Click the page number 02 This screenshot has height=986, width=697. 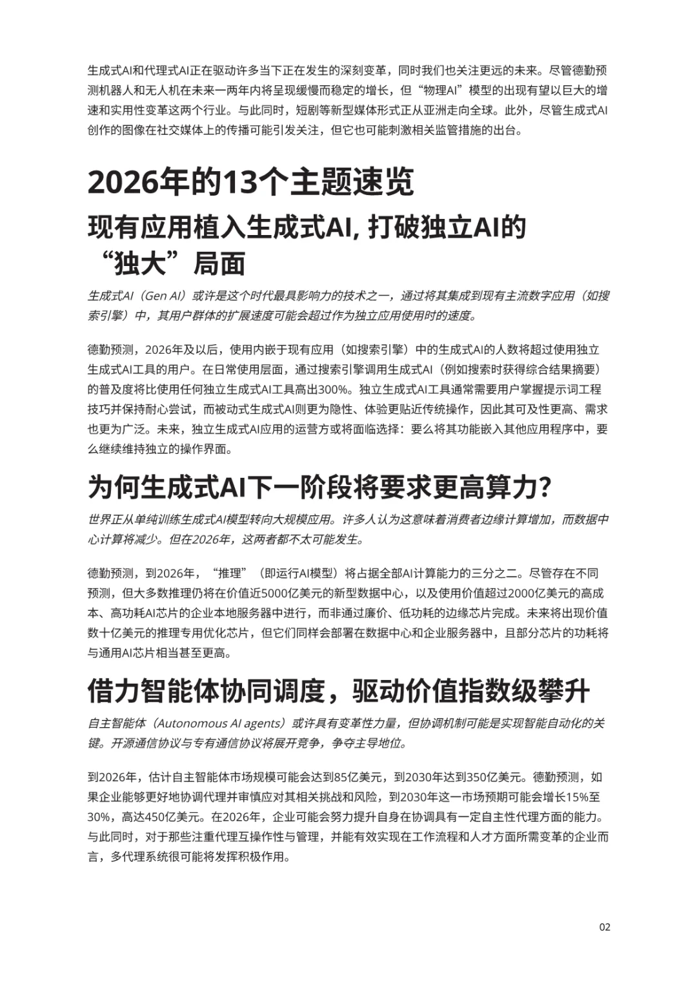coord(605,927)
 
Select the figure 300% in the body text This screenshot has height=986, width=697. coord(336,389)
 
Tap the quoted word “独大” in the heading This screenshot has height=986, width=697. coord(141,263)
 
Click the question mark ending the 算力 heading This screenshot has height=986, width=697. coord(545,488)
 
